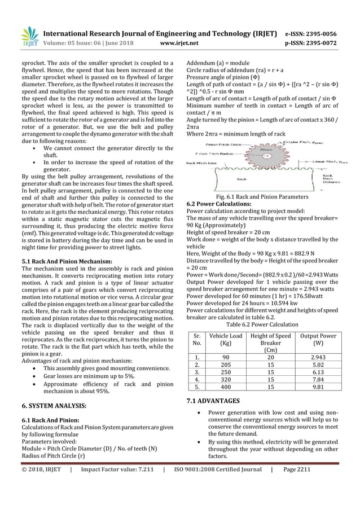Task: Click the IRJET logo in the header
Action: click(x=29, y=36)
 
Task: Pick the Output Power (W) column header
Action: click(x=318, y=340)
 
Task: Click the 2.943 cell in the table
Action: click(x=318, y=357)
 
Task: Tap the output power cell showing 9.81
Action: click(x=318, y=388)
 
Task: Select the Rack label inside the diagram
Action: click(x=242, y=179)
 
